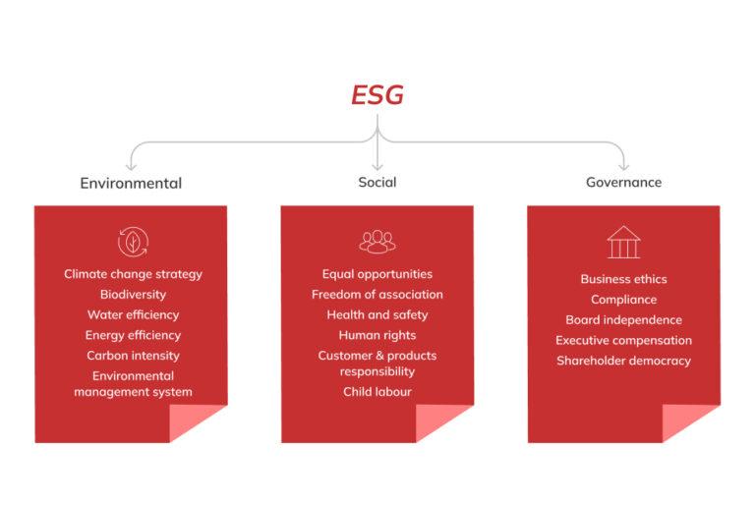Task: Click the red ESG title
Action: [x=377, y=95]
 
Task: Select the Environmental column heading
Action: [x=131, y=183]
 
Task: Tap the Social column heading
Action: [x=377, y=182]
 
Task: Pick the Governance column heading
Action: [x=623, y=182]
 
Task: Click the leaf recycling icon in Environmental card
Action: [x=133, y=242]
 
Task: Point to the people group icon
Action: [x=377, y=242]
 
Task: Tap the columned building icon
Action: [x=623, y=242]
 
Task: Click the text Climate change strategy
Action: [x=133, y=274]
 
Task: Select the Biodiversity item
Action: [x=133, y=294]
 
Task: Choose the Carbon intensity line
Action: [x=133, y=356]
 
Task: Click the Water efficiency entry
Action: [x=133, y=314]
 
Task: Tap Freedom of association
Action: [x=377, y=294]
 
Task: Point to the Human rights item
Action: [x=377, y=335]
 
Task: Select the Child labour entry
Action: [x=377, y=392]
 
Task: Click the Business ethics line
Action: [x=623, y=279]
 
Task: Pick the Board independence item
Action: [x=623, y=319]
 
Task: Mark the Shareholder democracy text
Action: [x=623, y=361]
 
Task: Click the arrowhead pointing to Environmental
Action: [x=131, y=166]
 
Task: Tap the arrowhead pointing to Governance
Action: [x=623, y=166]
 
